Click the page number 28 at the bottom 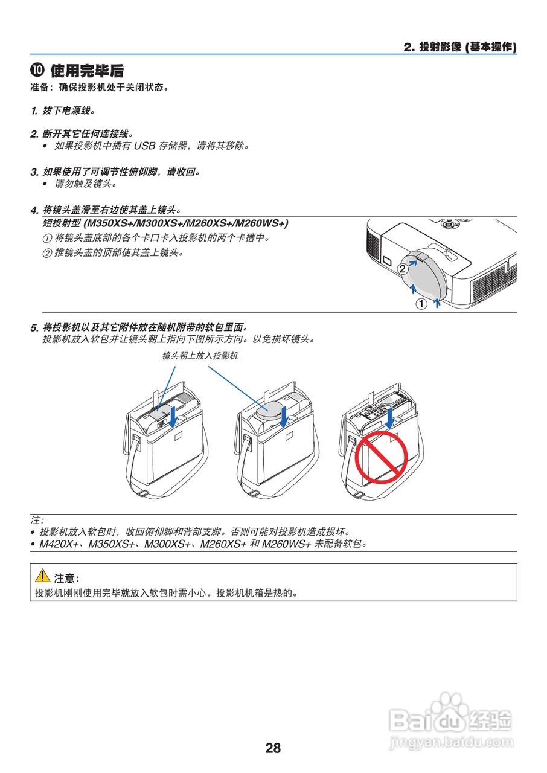tap(273, 748)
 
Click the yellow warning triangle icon tap(42, 577)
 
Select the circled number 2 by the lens tap(402, 270)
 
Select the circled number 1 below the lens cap tap(421, 304)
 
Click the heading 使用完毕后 tap(88, 71)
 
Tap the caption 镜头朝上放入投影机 tap(200, 356)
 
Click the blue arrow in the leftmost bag tap(173, 415)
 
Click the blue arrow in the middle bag tap(283, 415)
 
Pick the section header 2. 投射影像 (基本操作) tap(459, 47)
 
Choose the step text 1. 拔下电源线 tap(63, 111)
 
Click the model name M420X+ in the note tap(56, 544)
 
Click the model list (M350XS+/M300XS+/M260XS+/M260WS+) tap(187, 224)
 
